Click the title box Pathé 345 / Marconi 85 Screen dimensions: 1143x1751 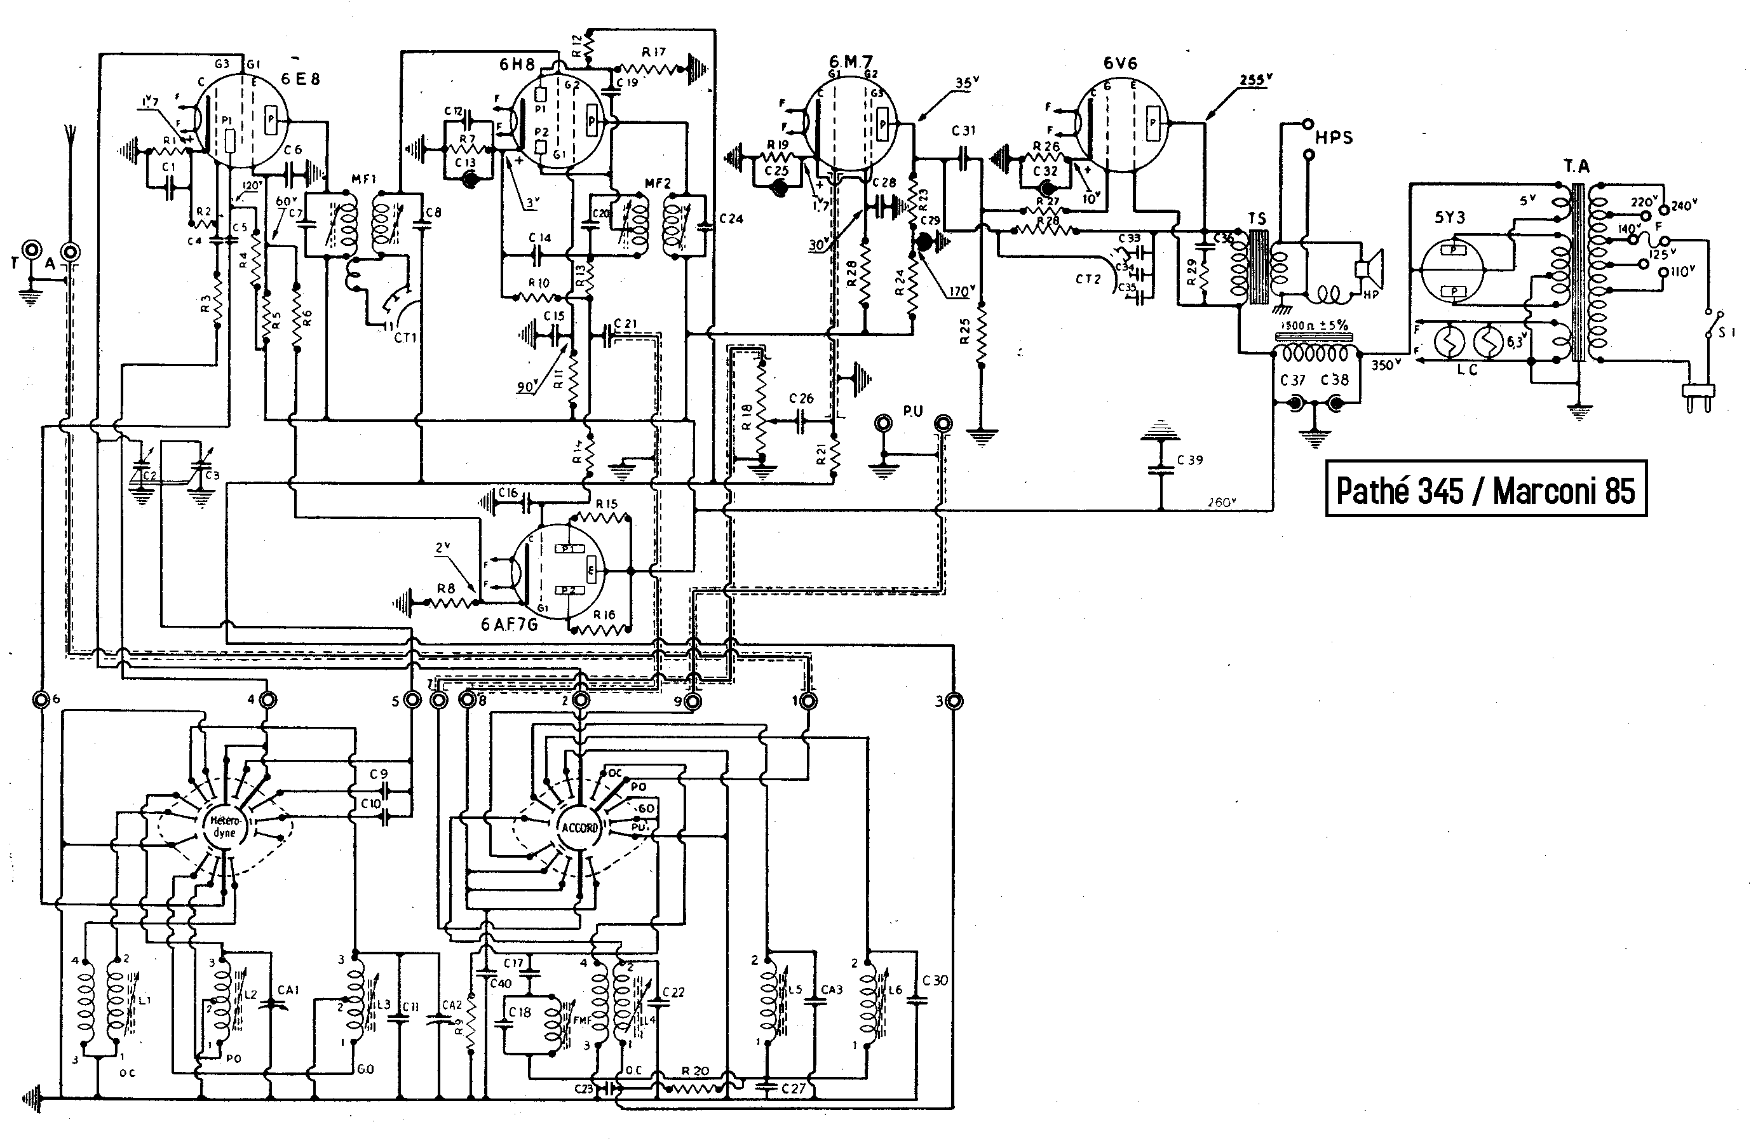click(1485, 489)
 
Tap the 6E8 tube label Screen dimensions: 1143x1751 click(300, 79)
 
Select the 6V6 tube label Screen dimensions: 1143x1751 click(1119, 64)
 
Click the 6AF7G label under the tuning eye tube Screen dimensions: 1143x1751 click(509, 625)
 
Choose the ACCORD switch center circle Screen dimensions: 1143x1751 click(579, 827)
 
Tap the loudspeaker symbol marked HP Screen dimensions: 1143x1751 click(1369, 270)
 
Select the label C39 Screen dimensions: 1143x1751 click(1189, 461)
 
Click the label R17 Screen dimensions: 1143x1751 click(653, 52)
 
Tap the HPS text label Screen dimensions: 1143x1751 click(1333, 137)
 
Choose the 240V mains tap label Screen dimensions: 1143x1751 click(1683, 206)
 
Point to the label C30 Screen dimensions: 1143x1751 click(935, 980)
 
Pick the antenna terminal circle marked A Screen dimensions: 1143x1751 click(71, 252)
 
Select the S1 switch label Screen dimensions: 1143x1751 click(1726, 332)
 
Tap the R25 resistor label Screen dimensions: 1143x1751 click(965, 332)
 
